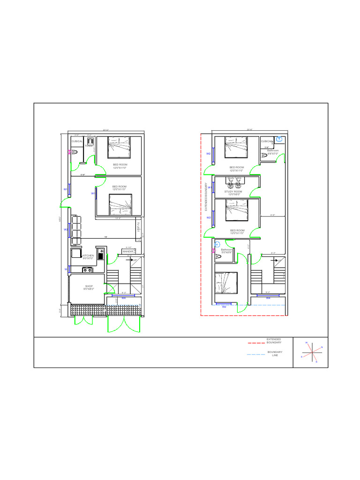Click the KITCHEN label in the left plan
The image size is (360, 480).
point(88,256)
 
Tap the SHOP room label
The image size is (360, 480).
point(89,287)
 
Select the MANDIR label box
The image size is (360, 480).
point(128,252)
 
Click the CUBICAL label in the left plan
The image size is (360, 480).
point(77,141)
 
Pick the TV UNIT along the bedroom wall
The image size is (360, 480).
point(138,227)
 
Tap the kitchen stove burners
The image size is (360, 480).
point(87,270)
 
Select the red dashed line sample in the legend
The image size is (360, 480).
point(256,343)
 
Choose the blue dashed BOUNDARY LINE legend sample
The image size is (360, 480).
point(256,355)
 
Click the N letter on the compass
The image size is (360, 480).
point(322,347)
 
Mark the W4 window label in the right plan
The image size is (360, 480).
point(268,298)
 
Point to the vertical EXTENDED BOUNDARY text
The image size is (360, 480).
point(205,197)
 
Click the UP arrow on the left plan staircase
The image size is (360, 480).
point(135,260)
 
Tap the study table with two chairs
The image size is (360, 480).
point(234,183)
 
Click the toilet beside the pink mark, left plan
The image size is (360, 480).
point(75,152)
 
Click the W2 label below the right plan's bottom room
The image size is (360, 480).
point(224,307)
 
